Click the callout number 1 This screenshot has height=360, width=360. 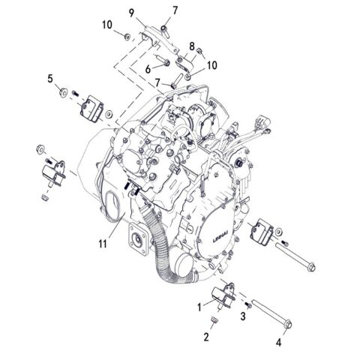coord(198,307)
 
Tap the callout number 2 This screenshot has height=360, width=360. coord(206,337)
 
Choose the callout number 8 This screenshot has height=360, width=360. coord(192,46)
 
